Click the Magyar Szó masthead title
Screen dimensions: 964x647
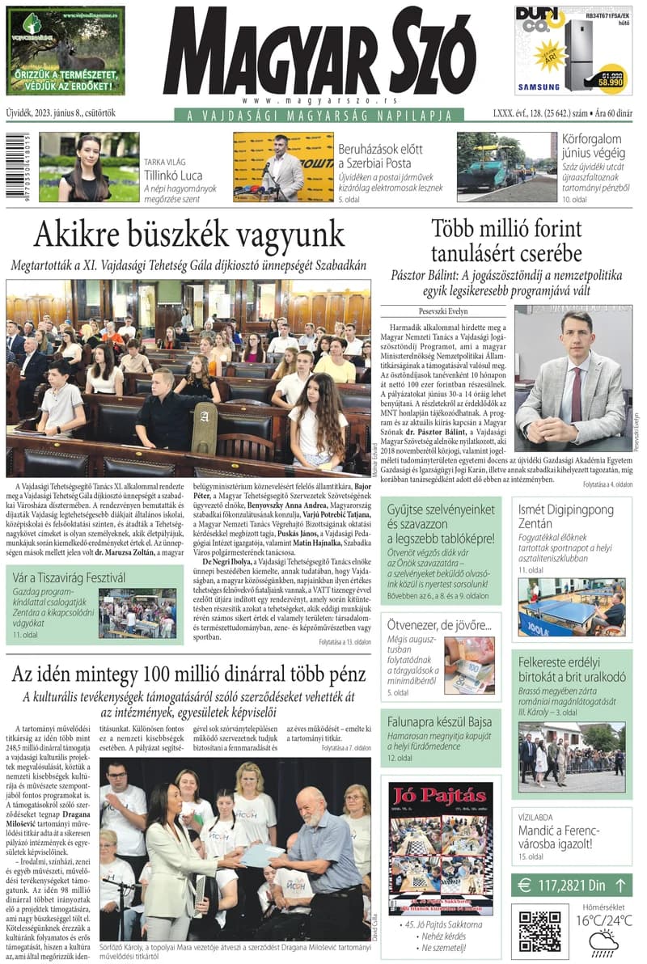[319, 53]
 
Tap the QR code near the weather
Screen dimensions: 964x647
[539, 932]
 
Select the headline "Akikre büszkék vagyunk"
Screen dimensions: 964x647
[189, 235]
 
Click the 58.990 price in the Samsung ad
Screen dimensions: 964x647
[611, 82]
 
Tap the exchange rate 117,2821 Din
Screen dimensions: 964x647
[572, 885]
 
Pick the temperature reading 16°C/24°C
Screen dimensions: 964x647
[603, 920]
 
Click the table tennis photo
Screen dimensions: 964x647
[571, 607]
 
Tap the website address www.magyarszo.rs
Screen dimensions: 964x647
[319, 101]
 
